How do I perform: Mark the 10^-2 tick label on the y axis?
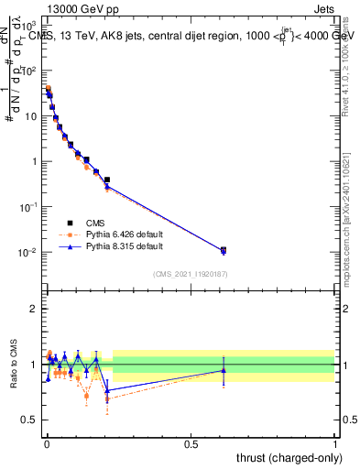point(30,252)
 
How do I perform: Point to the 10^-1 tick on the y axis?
point(30,207)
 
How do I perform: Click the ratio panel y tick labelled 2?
point(36,309)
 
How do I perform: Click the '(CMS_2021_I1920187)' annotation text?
point(190,273)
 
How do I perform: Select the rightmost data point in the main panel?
point(223,250)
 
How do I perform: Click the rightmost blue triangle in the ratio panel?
point(223,370)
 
